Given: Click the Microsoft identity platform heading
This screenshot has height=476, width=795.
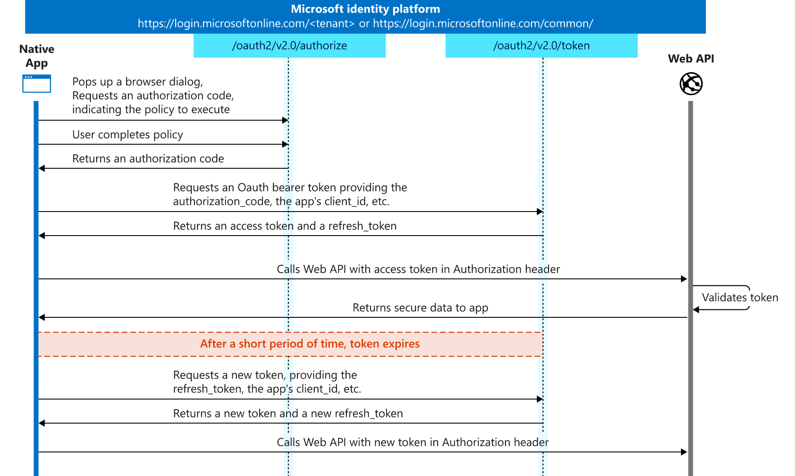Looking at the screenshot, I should [365, 9].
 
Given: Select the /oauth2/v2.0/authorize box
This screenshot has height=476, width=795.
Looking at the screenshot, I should [289, 46].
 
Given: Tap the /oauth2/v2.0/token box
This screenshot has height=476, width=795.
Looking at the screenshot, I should [541, 46].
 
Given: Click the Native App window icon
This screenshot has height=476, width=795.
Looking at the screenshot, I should [37, 83].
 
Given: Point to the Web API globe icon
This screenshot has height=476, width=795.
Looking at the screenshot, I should [691, 83].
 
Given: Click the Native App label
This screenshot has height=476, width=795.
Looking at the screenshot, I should [37, 56].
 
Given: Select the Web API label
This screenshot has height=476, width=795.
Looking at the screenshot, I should [691, 59].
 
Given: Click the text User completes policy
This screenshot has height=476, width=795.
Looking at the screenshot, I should [128, 135].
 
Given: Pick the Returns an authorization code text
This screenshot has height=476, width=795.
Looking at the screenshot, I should [148, 159].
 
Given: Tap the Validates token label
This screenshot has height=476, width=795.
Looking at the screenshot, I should [740, 298].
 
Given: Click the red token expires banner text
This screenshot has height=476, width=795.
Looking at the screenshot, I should [310, 344].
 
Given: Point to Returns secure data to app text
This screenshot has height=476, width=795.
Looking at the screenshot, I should [420, 308].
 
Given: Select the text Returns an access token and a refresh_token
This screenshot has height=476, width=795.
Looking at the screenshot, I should [285, 226].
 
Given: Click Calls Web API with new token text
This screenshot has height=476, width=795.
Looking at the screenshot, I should [412, 442].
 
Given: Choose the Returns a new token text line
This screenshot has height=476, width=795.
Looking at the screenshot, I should [288, 413].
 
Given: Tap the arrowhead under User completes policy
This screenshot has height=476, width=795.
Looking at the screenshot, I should [285, 144].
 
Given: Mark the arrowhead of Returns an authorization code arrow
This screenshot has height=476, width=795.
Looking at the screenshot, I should [42, 168].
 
